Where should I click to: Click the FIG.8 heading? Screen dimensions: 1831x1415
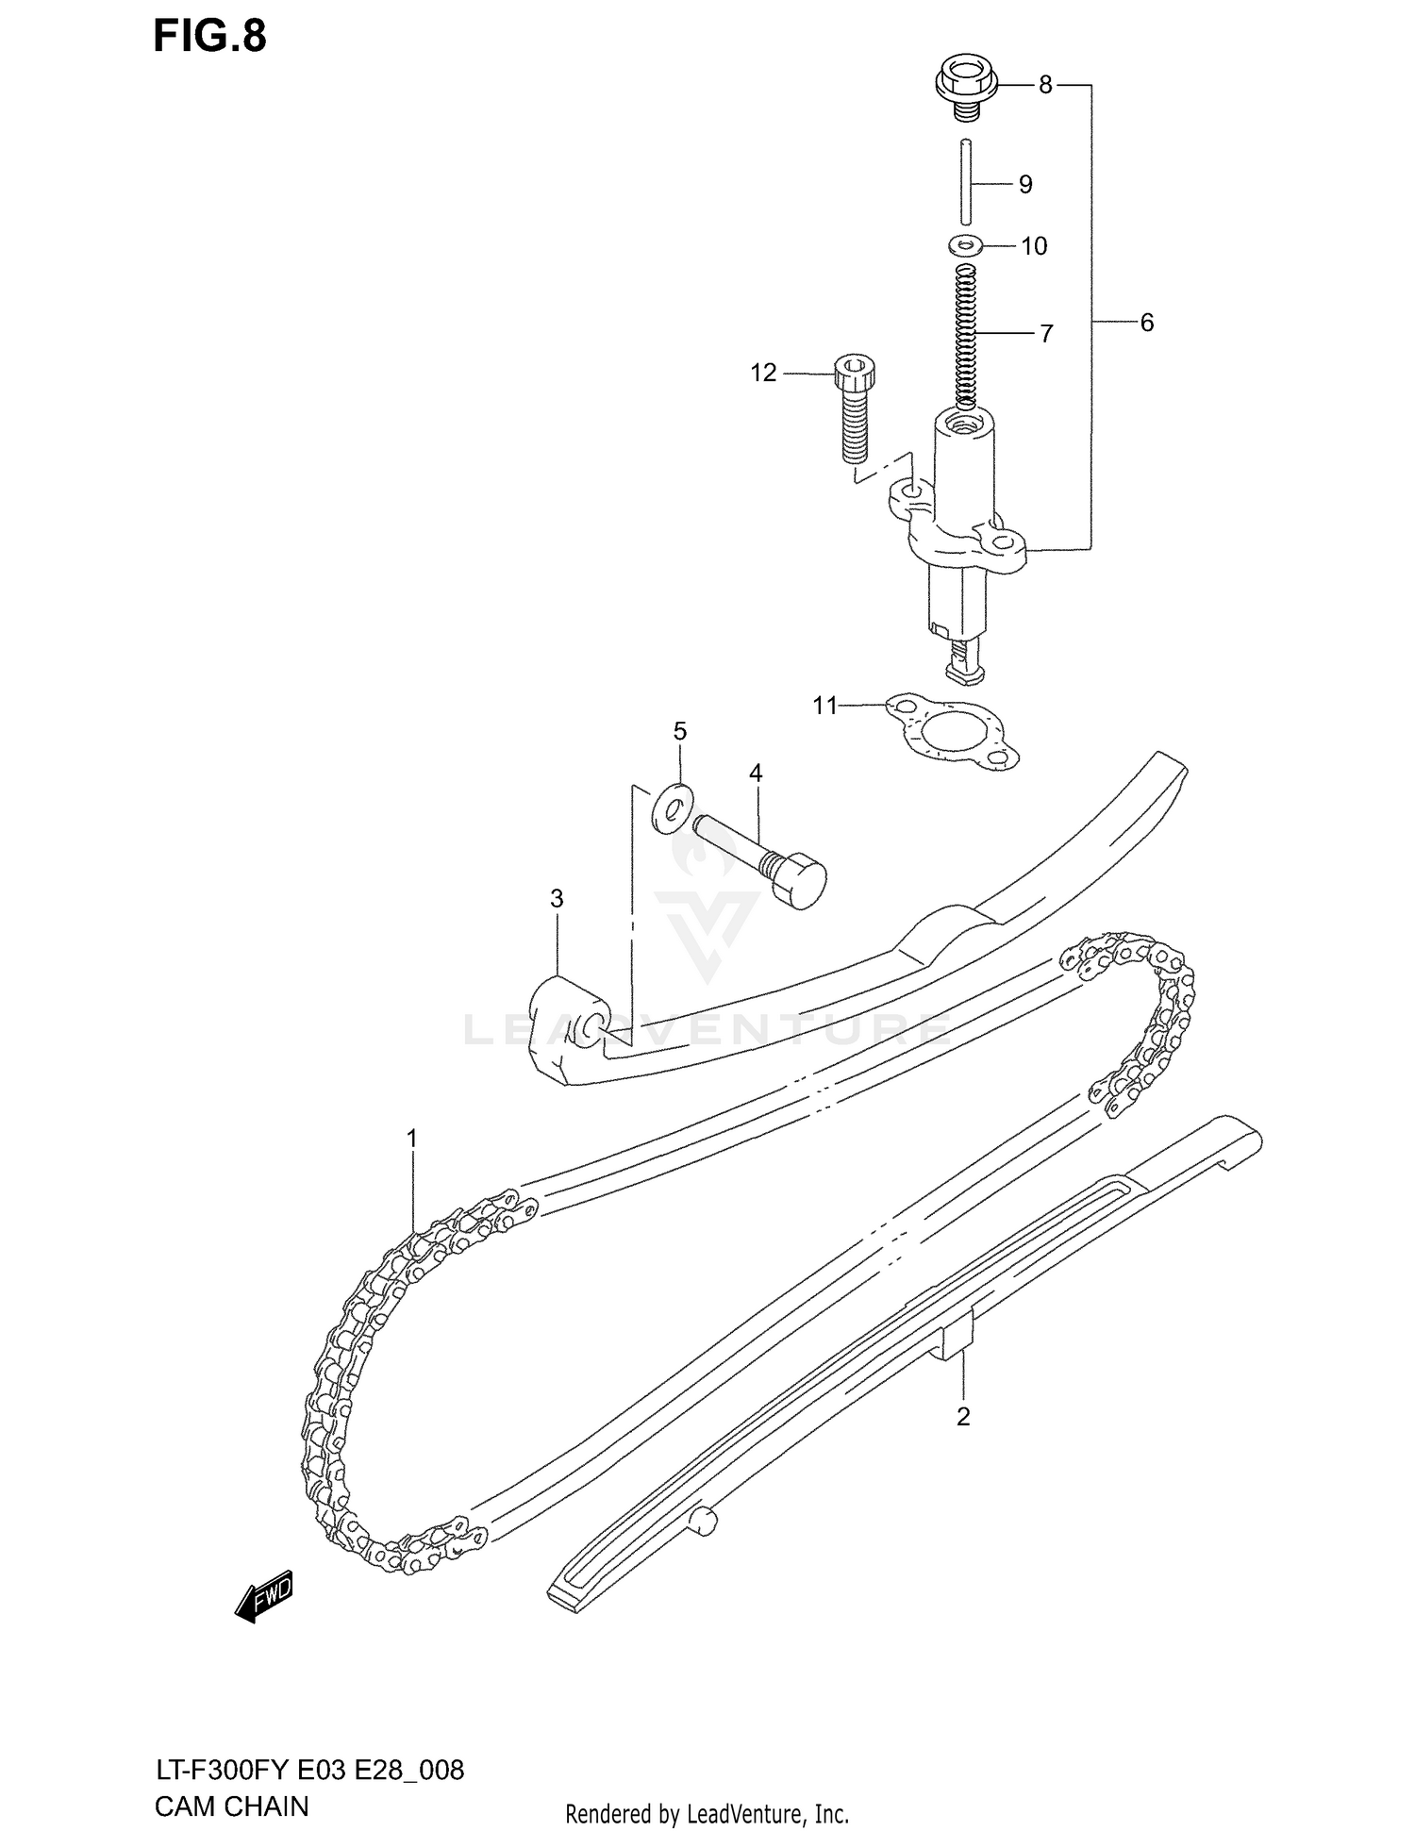pyautogui.click(x=209, y=36)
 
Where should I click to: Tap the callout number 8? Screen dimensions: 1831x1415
pyautogui.click(x=1044, y=85)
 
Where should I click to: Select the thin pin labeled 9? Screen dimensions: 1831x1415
pyautogui.click(x=966, y=182)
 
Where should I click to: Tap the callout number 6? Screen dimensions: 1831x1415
pyautogui.click(x=1146, y=323)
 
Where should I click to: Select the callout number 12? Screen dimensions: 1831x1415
pyautogui.click(x=763, y=374)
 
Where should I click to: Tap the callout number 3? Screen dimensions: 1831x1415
pyautogui.click(x=557, y=899)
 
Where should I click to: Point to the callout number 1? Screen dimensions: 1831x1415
pyautogui.click(x=411, y=1139)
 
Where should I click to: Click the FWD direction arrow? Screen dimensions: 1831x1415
pyautogui.click(x=265, y=1598)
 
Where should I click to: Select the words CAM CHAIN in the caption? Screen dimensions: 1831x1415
pyautogui.click(x=232, y=1806)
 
